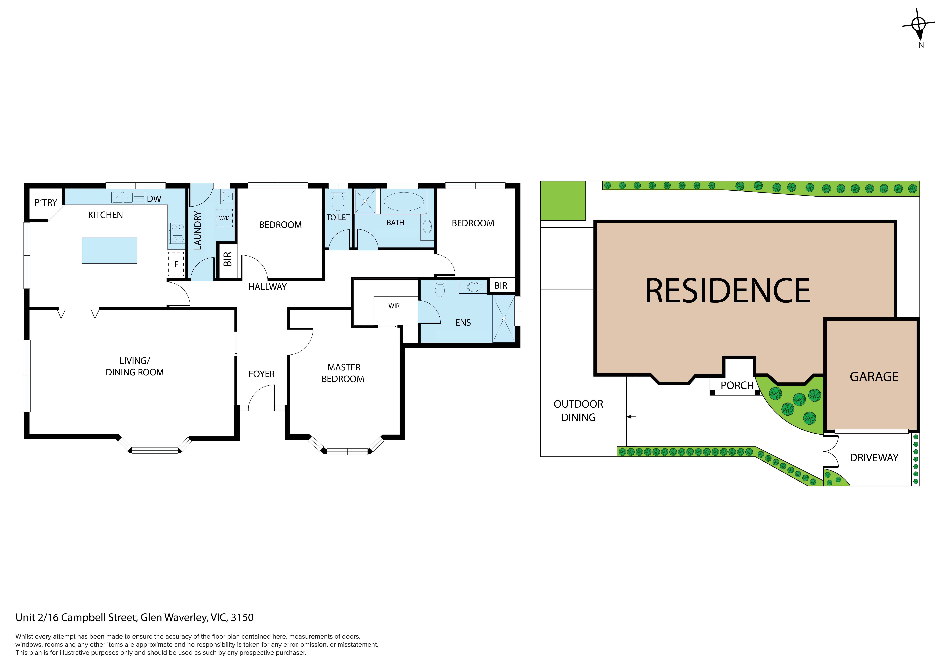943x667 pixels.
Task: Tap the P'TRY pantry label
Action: (46, 203)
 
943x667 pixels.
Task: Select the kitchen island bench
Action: (109, 250)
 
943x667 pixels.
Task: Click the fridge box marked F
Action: (176, 264)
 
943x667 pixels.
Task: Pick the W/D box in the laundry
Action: (224, 218)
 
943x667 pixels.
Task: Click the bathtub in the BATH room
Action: (404, 202)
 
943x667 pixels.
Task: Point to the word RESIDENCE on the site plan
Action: (727, 291)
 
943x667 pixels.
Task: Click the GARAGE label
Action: (874, 377)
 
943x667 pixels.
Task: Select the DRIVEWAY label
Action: (874, 458)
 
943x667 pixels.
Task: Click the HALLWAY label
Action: (267, 287)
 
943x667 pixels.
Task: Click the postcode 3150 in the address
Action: (242, 618)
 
